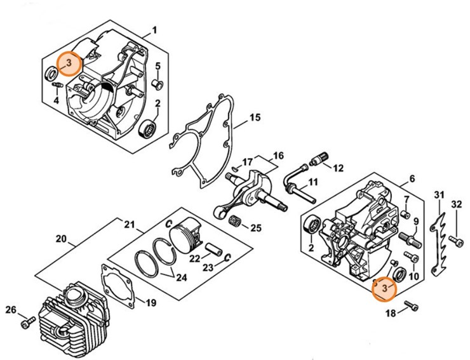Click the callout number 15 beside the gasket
pyautogui.click(x=255, y=117)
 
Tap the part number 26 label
pyautogui.click(x=11, y=310)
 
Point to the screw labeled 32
pyautogui.click(x=455, y=241)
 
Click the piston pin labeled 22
pyautogui.click(x=214, y=250)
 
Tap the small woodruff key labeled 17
pyautogui.click(x=236, y=168)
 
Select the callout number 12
pyautogui.click(x=338, y=168)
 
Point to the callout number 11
pyautogui.click(x=312, y=182)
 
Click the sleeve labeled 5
pyautogui.click(x=158, y=83)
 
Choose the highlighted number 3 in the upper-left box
pyautogui.click(x=69, y=63)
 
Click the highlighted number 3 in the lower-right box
pyautogui.click(x=384, y=289)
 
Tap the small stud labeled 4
pyautogui.click(x=57, y=85)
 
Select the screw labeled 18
pyautogui.click(x=412, y=306)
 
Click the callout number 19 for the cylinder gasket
pyautogui.click(x=151, y=303)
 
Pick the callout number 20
pyautogui.click(x=61, y=239)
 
